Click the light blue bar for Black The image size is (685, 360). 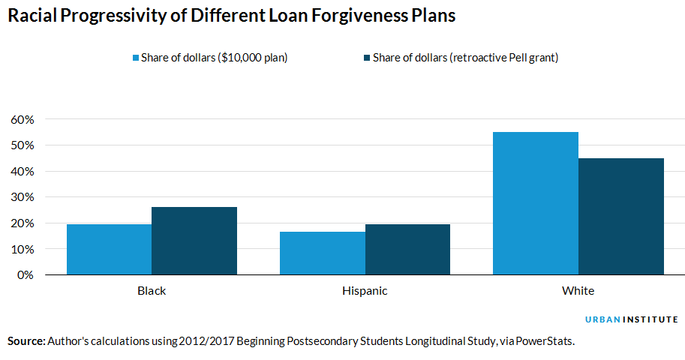coord(109,250)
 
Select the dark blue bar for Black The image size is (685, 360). coord(194,241)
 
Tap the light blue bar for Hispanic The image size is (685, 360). coord(323,253)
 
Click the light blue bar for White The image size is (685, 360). coord(536,203)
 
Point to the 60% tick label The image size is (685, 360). coord(23,119)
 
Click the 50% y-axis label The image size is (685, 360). coord(23,145)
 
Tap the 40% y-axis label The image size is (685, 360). coord(23,171)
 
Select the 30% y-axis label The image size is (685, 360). coord(23,197)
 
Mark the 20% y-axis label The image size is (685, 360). coord(23,223)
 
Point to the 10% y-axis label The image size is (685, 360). coord(23,249)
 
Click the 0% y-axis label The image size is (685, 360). coord(26,275)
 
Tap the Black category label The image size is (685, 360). coord(152,291)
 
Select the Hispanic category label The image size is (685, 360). coord(365,291)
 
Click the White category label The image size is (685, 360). coord(578,291)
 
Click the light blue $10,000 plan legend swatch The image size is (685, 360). coord(135,58)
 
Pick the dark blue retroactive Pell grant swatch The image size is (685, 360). coord(367,58)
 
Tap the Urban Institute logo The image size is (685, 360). coord(632,319)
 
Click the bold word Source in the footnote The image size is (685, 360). coord(26,341)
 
